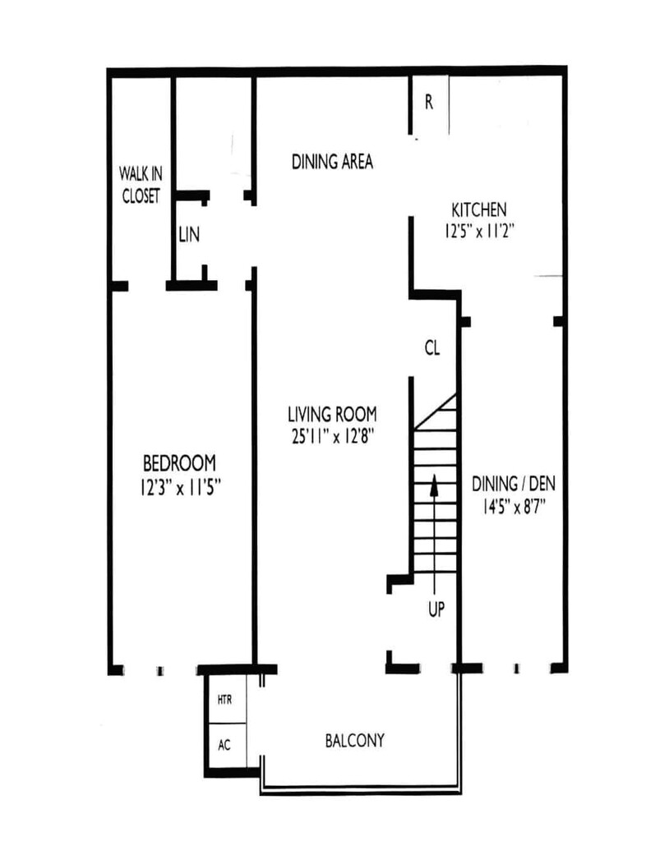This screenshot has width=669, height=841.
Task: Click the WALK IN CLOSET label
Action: click(x=141, y=185)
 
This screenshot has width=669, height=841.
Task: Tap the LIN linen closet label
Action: click(x=189, y=234)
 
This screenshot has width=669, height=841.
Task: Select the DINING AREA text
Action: click(x=332, y=162)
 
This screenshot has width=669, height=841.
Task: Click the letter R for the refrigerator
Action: click(x=428, y=102)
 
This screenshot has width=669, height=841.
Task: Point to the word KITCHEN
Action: click(x=479, y=209)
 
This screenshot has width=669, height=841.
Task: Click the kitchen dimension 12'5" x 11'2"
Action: click(x=479, y=231)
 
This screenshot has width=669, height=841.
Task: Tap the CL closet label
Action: click(x=432, y=348)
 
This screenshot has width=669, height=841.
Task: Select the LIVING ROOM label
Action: click(x=332, y=414)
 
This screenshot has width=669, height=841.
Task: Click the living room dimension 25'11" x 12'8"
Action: click(x=332, y=437)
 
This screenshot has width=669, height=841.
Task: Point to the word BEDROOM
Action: click(x=179, y=463)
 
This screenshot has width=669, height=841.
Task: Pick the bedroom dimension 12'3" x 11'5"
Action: click(x=181, y=488)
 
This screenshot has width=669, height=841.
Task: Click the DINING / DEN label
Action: click(x=514, y=484)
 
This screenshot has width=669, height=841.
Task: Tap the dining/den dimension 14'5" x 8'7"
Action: click(x=514, y=506)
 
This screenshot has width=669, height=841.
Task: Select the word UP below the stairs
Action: click(x=436, y=609)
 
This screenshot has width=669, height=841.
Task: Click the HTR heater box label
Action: click(x=224, y=700)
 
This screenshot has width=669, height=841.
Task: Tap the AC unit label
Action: click(x=224, y=745)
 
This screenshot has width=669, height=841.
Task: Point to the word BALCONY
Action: click(x=355, y=741)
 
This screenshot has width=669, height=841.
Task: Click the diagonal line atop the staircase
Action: click(x=436, y=411)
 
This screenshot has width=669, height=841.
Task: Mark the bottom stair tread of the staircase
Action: click(x=436, y=572)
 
